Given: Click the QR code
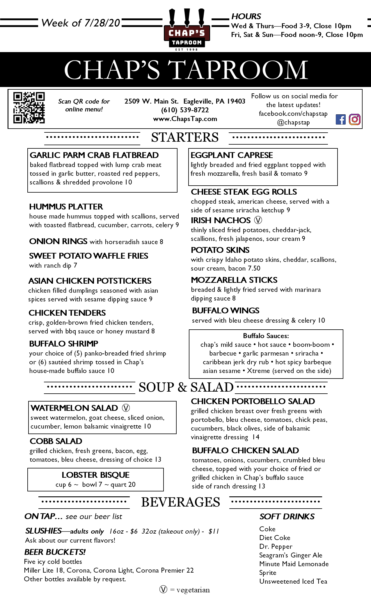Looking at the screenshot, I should tap(29, 108).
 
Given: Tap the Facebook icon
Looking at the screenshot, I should tap(340, 120).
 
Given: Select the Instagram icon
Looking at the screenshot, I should tap(354, 119).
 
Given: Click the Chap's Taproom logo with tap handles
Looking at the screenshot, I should tap(187, 29).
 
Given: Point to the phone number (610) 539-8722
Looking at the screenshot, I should tap(185, 110).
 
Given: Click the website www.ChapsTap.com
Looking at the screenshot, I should tap(185, 119).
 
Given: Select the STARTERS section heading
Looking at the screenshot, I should tap(185, 137).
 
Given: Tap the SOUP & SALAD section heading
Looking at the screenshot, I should tap(186, 387).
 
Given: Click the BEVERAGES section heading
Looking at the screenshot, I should tap(180, 502).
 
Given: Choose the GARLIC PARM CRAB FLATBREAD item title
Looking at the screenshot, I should tap(94, 155).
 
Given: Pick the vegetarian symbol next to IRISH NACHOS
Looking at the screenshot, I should tap(258, 220).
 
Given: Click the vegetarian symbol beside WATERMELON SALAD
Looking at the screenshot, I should tap(126, 408).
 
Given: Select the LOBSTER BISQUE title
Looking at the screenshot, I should tap(95, 475).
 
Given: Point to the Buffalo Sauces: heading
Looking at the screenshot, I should tap(266, 336).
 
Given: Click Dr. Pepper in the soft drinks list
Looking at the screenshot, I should tap(276, 546).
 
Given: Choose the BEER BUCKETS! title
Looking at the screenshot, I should tap(55, 552).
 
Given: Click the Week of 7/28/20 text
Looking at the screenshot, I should tap(81, 23).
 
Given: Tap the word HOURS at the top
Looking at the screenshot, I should tap(246, 16).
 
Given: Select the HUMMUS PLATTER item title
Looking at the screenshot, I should tap(66, 207).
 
